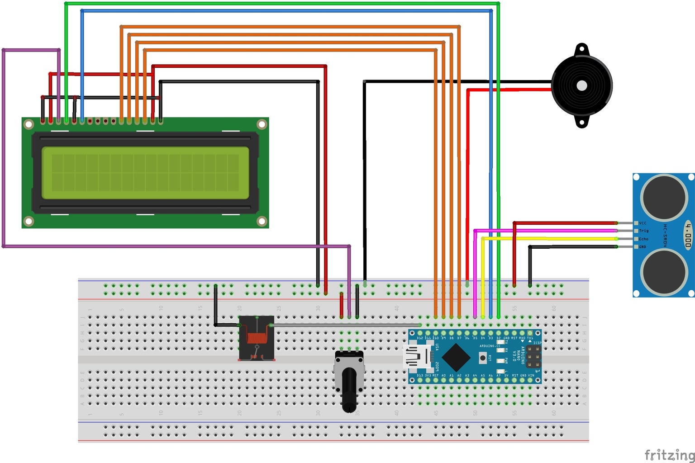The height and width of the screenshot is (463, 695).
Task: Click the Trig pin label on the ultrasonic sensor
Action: (x=643, y=231)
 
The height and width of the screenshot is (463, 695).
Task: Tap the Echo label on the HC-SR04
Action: (x=643, y=239)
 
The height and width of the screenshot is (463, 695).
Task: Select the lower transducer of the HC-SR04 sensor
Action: (x=663, y=271)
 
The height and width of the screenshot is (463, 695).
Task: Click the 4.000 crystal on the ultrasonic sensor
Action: (x=688, y=235)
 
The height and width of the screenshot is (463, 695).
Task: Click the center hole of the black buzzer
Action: (x=582, y=85)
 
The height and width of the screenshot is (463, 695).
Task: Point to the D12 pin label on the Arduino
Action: (x=420, y=338)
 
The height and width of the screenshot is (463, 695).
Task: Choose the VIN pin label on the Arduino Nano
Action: (x=531, y=375)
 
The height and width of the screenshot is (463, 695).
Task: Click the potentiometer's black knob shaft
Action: (x=349, y=389)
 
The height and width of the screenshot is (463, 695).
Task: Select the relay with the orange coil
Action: (x=257, y=338)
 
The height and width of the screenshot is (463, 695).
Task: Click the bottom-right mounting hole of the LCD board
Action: (x=262, y=221)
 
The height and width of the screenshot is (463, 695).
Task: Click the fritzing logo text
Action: (x=669, y=454)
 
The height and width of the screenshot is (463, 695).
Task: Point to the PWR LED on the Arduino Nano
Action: (x=500, y=360)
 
